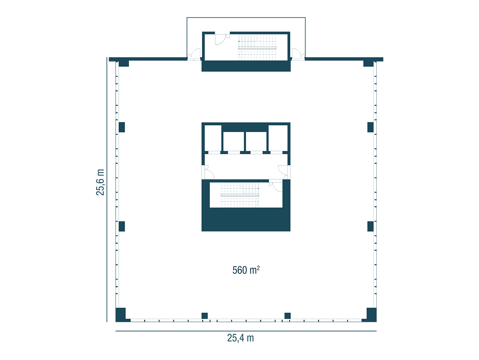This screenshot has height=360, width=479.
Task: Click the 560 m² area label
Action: point(246,270)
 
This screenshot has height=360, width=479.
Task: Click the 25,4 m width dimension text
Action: point(240,338)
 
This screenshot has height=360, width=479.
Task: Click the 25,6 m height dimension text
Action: point(100,182)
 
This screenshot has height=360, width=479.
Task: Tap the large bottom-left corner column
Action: point(121,315)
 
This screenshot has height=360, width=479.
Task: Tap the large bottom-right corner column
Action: point(371,315)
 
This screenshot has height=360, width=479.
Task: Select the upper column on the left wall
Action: point(122,127)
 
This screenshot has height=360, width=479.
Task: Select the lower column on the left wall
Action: point(122,226)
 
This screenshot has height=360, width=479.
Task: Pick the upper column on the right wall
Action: point(370,127)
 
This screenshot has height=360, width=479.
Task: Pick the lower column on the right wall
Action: point(370,226)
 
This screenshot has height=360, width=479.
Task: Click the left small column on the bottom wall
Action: point(204,316)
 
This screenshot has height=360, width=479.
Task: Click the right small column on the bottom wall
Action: point(288,316)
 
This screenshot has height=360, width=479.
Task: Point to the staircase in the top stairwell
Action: point(258,48)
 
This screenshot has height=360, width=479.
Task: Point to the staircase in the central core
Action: point(240,195)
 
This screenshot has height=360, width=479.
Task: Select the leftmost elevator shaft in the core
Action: point(213,138)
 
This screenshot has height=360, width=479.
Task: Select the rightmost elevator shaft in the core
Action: point(278,138)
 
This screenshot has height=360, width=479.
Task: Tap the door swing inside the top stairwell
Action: point(221,39)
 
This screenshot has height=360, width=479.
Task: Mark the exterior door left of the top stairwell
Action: point(194,54)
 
